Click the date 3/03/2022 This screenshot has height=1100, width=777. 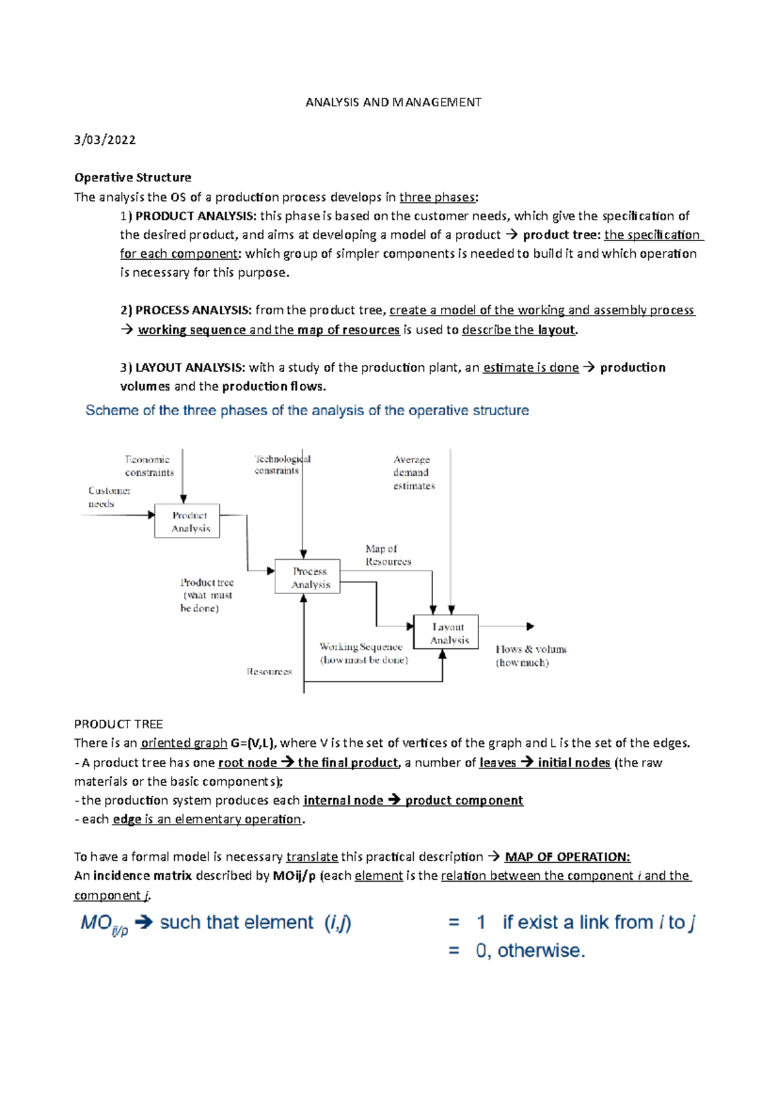point(105,140)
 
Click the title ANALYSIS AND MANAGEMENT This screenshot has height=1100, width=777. point(393,102)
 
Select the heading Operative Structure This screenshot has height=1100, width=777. point(133,178)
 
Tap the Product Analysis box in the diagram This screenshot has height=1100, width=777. point(187,521)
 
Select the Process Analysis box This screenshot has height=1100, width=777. point(308,577)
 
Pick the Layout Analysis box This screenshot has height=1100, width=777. point(446,632)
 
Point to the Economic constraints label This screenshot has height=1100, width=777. point(150,466)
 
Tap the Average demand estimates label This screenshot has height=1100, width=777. point(414,472)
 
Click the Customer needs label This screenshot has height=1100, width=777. point(109,497)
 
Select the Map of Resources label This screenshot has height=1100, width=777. point(387,555)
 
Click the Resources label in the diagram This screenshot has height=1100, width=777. point(269,672)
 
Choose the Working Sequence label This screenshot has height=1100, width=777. point(363,653)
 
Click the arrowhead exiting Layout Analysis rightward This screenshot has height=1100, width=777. point(530,626)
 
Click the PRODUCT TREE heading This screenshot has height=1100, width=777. point(118,724)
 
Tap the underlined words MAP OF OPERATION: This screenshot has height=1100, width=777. point(567,857)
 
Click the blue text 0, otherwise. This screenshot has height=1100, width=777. point(530,950)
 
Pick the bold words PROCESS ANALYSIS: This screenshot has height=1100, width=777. point(193,310)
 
